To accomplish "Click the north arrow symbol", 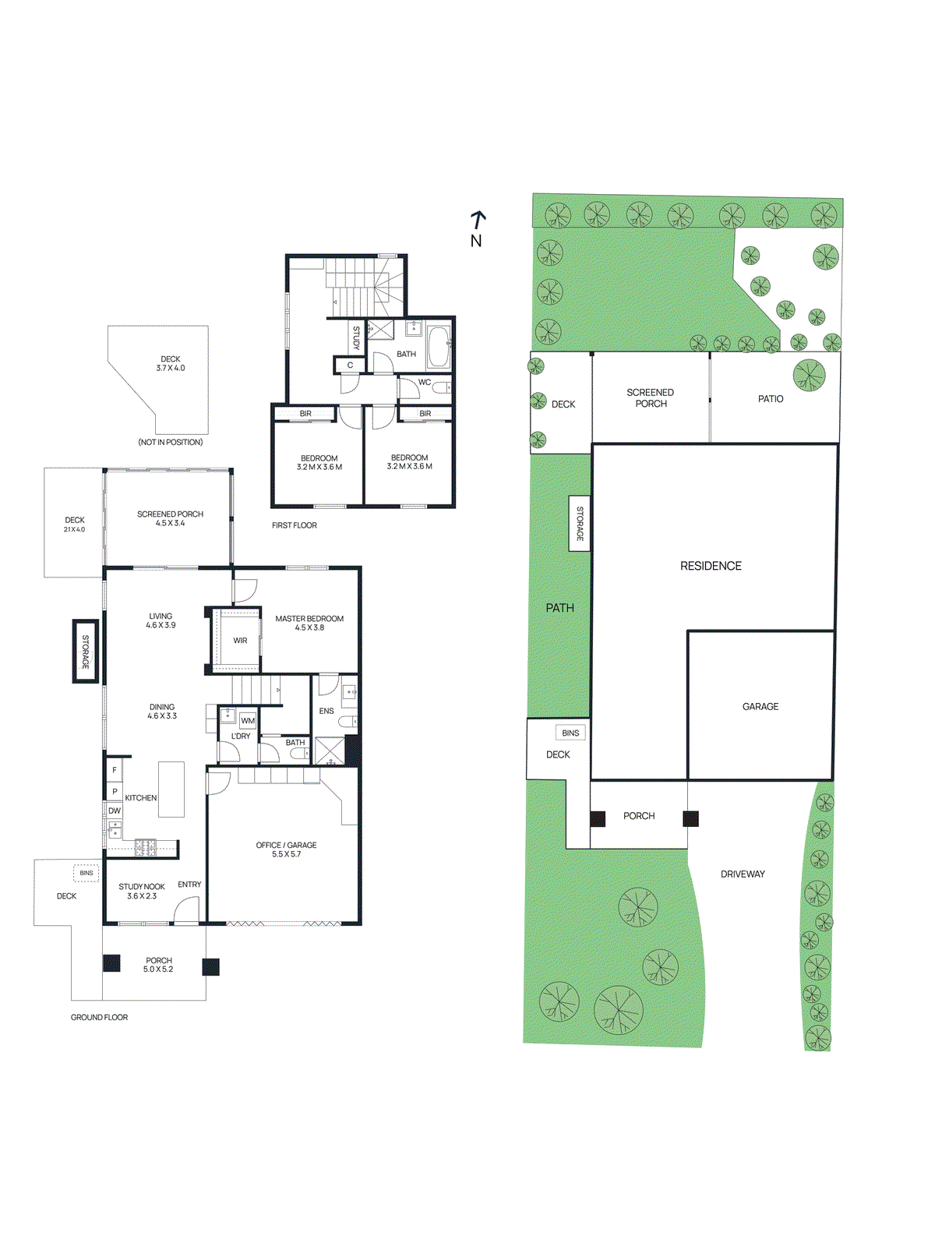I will point(478,220).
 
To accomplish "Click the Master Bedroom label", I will point(309,623).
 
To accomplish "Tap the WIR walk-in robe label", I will point(240,641).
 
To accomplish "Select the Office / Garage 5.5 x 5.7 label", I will point(286,850).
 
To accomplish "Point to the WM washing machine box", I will point(248,721).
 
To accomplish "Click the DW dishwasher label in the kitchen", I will point(115,811).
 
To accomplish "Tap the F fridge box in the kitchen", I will point(115,770).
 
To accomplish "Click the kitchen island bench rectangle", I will point(171,790).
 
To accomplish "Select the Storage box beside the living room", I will point(86,652).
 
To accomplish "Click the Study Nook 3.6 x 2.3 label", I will point(142,891).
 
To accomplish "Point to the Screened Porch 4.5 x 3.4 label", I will point(170,518).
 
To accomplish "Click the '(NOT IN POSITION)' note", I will point(171,442).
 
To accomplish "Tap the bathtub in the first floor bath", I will point(439,347).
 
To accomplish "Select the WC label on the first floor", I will point(425,383).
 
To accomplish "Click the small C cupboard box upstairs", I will point(350,365).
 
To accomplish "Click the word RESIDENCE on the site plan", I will point(711,566).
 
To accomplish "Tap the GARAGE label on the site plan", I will point(760,706).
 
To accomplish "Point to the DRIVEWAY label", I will point(743,874).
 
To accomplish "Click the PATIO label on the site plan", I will point(771,398).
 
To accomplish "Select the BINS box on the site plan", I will point(570,733).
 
